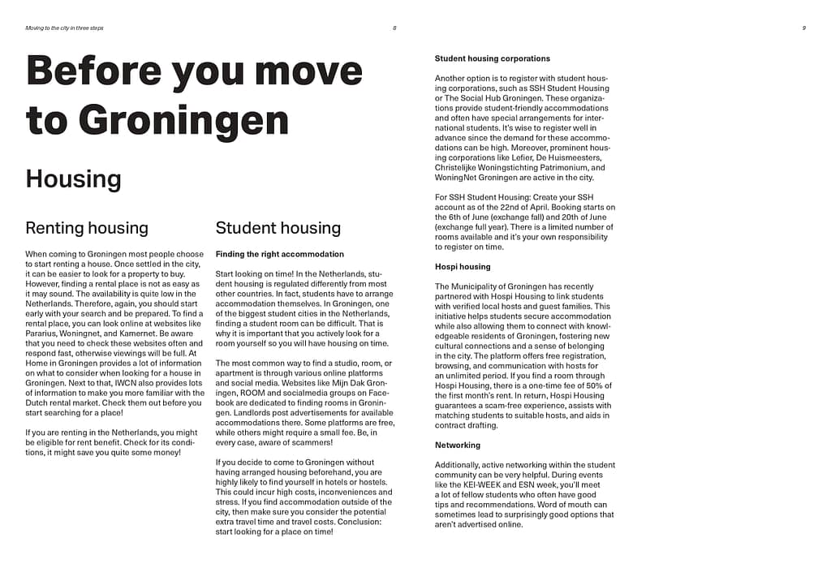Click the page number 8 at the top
tap(394, 28)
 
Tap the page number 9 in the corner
tap(803, 28)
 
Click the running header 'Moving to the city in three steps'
tap(64, 28)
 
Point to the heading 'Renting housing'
tap(87, 228)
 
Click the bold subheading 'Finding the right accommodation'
tap(280, 254)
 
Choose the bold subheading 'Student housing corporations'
tap(493, 58)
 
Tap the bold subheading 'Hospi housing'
tap(463, 266)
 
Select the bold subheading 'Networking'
tap(458, 445)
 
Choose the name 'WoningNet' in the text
tap(454, 177)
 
